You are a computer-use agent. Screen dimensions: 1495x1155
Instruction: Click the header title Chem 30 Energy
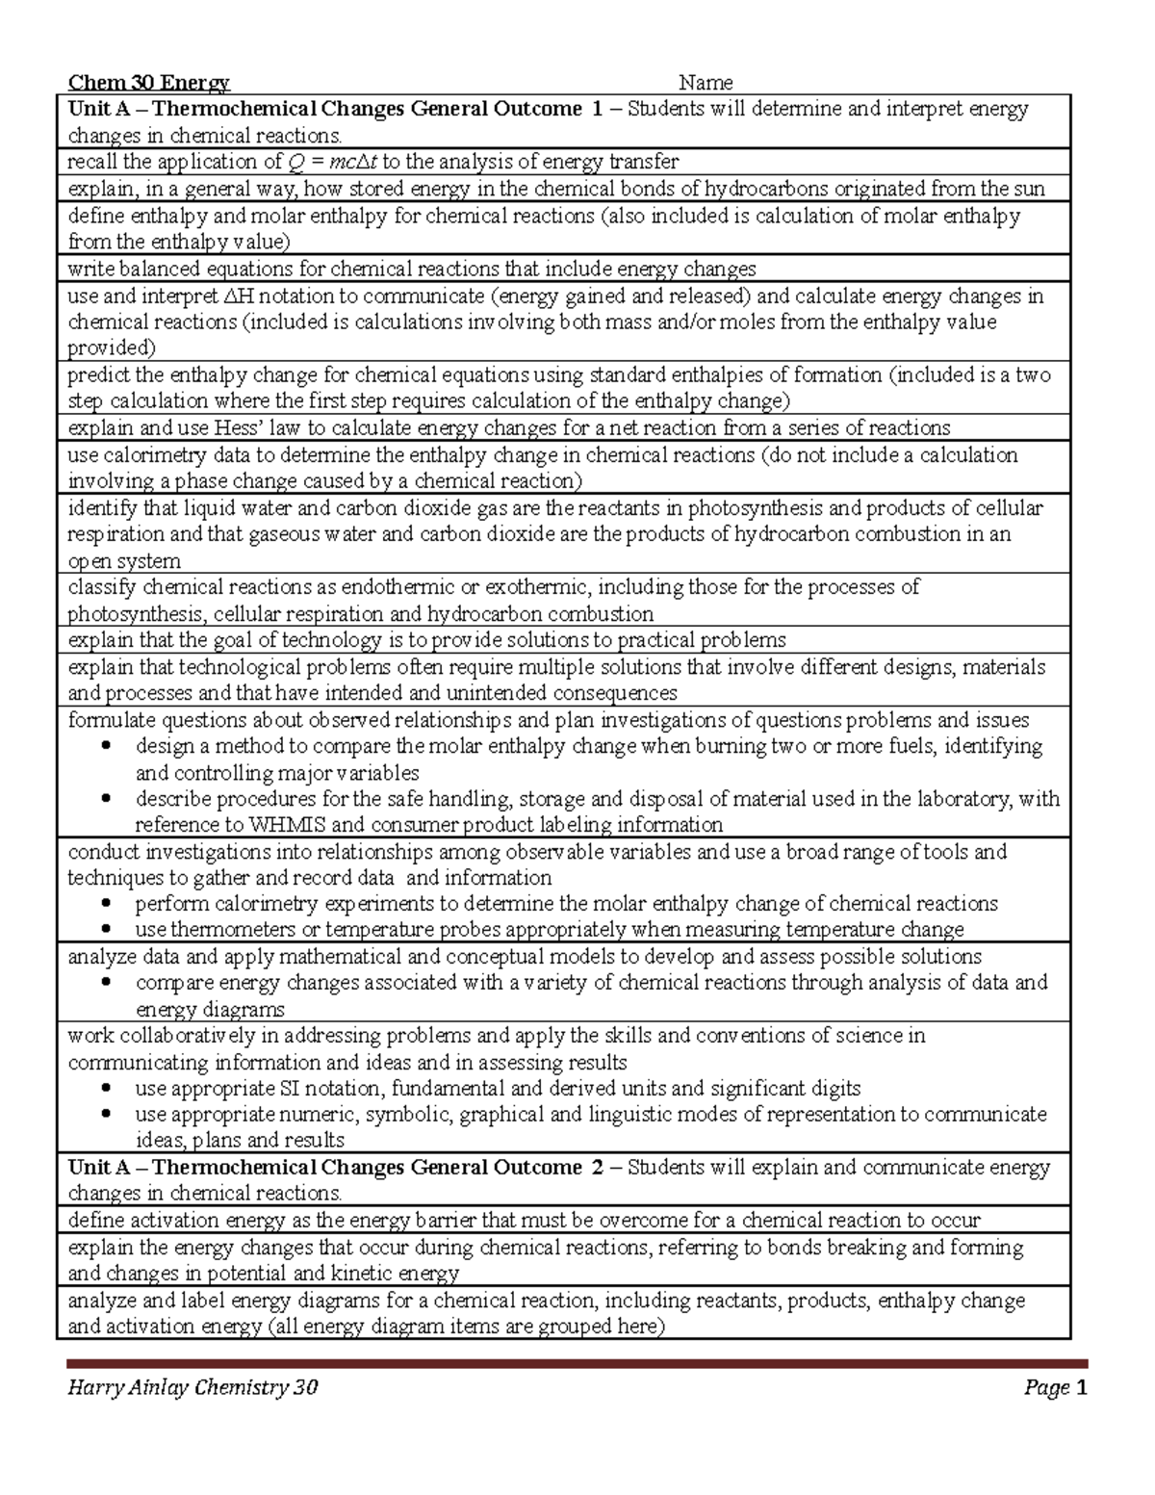[148, 83]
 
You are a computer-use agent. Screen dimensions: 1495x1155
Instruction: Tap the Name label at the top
[706, 83]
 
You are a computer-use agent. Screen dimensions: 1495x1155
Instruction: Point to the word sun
[1028, 189]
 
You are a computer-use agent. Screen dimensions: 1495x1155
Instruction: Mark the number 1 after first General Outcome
[598, 109]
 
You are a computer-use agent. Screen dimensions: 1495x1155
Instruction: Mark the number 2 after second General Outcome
[598, 1167]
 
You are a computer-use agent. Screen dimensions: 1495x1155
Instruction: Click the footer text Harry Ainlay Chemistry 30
[192, 1387]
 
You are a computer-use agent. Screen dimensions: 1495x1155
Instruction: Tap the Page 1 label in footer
[1056, 1387]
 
